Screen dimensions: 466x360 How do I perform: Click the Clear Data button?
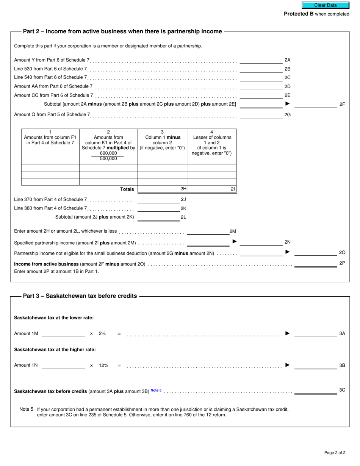(325, 5)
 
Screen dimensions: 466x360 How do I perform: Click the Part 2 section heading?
(122, 31)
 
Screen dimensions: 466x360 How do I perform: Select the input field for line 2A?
(261, 59)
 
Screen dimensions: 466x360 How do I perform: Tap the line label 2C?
(287, 78)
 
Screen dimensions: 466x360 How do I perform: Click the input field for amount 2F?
(315, 104)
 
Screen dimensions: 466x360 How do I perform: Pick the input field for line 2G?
(261, 114)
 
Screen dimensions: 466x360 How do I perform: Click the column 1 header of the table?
(50, 137)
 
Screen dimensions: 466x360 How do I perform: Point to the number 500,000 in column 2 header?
(108, 159)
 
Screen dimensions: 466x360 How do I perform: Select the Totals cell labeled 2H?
(162, 189)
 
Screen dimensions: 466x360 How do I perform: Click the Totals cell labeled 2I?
(211, 189)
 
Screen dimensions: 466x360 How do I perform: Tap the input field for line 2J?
(158, 199)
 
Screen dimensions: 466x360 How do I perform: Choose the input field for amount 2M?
(208, 231)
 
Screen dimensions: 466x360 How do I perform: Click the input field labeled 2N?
(261, 242)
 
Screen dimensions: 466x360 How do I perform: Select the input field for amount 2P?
(315, 264)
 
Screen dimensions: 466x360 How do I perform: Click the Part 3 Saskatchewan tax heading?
(80, 296)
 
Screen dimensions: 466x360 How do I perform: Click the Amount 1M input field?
(63, 333)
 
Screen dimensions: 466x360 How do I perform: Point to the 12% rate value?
(104, 365)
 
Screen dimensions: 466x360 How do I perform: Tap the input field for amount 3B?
(315, 365)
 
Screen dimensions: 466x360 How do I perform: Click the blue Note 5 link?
(156, 390)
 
